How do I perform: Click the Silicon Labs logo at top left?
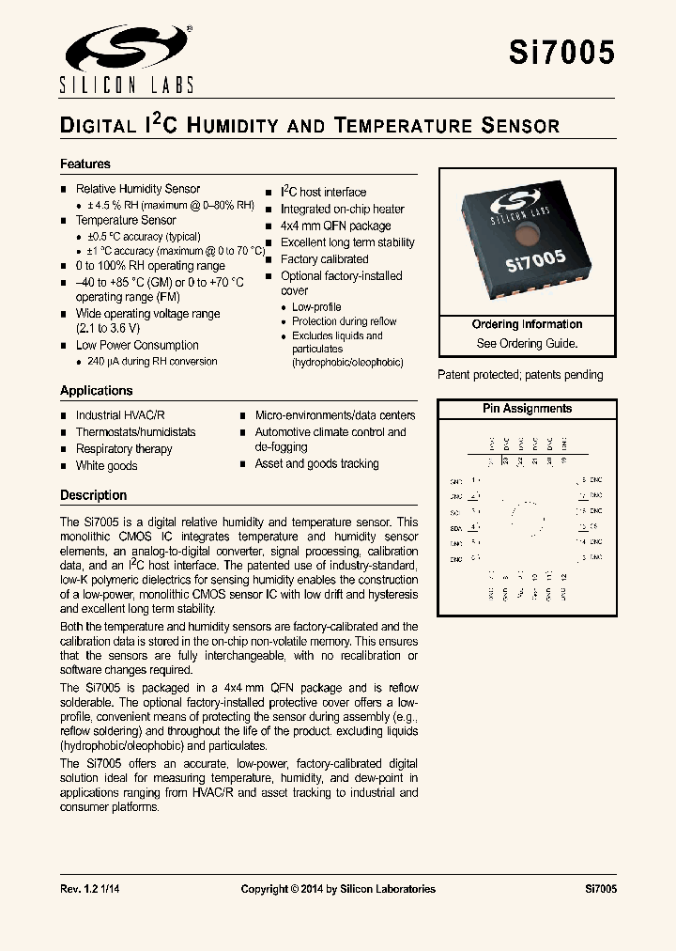click(127, 58)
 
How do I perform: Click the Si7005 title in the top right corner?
click(561, 53)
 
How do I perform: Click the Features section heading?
click(85, 164)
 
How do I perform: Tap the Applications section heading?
click(97, 391)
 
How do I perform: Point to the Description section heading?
click(93, 495)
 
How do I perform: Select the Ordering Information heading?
click(527, 325)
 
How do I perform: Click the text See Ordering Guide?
click(527, 344)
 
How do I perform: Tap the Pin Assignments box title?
click(527, 409)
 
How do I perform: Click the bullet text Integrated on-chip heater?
click(342, 209)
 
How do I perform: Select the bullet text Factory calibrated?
click(324, 259)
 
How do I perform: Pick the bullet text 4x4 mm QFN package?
click(335, 226)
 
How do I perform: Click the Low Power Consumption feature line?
click(137, 345)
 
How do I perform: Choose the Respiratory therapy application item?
click(124, 449)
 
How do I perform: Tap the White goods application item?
click(106, 466)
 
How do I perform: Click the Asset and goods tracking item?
click(316, 464)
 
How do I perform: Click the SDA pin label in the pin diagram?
click(456, 528)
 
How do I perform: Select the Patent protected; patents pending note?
click(520, 375)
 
